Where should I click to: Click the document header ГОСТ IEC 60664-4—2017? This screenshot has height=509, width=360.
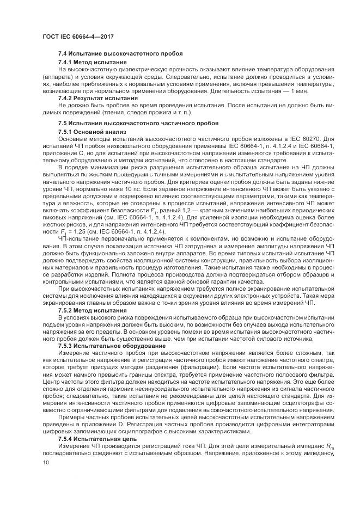pyautogui.click(x=74, y=36)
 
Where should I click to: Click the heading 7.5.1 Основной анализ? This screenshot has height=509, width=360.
pyautogui.click(x=92, y=132)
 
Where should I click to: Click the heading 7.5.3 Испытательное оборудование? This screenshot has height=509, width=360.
pyautogui.click(x=108, y=345)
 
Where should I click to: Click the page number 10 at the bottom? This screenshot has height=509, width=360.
pyautogui.click(x=45, y=463)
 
